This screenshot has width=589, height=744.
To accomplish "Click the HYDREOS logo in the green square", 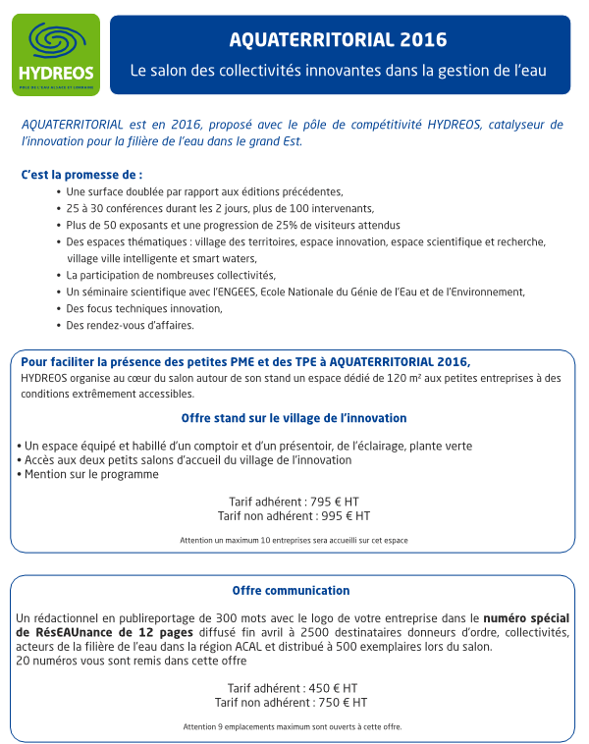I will click(56, 54).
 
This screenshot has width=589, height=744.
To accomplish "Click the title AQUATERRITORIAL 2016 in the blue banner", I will click(338, 40).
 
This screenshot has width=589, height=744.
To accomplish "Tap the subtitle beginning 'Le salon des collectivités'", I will click(338, 72).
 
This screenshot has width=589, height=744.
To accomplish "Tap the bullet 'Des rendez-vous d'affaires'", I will click(130, 325).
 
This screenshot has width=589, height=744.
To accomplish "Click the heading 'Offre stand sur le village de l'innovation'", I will click(294, 418).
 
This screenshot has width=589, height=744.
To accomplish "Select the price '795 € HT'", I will click(333, 501).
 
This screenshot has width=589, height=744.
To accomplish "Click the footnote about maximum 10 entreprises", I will click(294, 540).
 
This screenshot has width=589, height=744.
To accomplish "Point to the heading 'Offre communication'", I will click(291, 591).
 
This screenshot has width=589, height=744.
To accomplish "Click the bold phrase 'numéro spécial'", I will click(526, 618).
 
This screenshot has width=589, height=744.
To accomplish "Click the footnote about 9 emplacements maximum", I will click(293, 727).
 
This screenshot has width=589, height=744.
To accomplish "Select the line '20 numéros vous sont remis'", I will click(131, 661).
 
